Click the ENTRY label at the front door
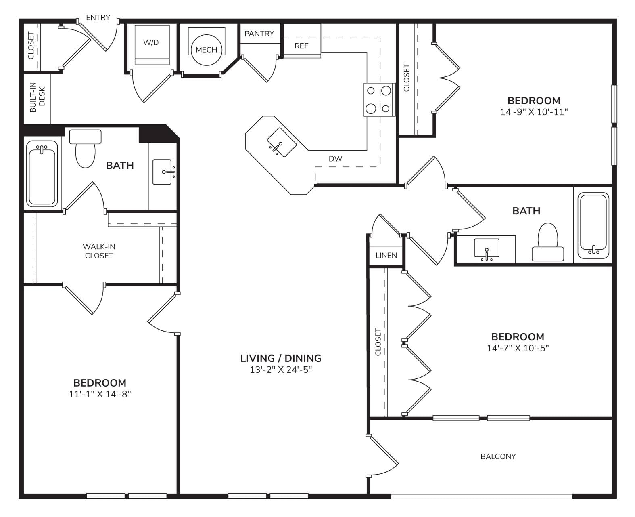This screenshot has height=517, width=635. coord(98,18)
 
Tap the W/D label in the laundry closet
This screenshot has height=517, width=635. coord(151,42)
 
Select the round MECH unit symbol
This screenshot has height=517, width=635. coord(206,50)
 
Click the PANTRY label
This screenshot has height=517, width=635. coord(259,34)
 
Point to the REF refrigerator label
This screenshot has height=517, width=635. coord(301,46)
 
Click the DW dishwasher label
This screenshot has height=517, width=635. coord(335,159)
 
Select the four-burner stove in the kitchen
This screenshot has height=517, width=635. coord(379,100)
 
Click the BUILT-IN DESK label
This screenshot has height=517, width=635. coord(38,98)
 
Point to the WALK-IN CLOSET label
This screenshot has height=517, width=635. coord(99,251)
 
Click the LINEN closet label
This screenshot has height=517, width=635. coord(386,256)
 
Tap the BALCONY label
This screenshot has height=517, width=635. coord(498,456)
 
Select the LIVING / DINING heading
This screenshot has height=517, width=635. coord(281,358)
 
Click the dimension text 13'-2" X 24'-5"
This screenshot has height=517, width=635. coord(281,370)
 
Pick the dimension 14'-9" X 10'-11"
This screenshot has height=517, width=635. coord(534,112)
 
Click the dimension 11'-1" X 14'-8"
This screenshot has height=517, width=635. coord(100,394)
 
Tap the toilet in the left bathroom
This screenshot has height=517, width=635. coord(85,148)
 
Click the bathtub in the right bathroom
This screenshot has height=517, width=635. coord(593,225)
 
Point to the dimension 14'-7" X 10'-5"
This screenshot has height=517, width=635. coord(518,348)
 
